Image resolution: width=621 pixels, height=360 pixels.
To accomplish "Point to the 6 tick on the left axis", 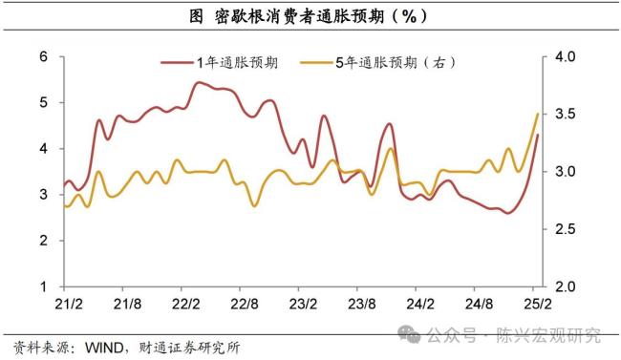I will (x=43, y=56).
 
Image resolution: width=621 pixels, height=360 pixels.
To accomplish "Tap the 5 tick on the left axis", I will (x=43, y=102).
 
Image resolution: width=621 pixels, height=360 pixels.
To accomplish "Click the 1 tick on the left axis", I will (x=43, y=286).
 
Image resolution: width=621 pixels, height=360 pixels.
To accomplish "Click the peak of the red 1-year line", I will (x=198, y=83).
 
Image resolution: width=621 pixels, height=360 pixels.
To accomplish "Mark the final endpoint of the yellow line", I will (x=537, y=114).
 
